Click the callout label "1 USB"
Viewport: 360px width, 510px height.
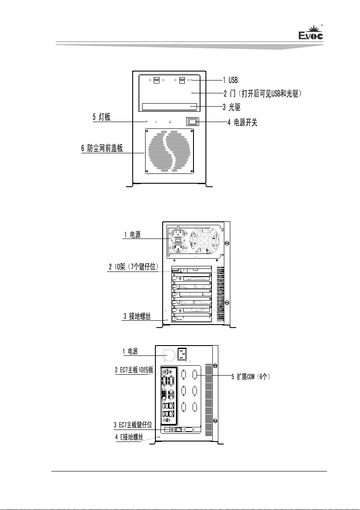coord(230,80)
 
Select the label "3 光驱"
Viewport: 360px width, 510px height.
coord(232,107)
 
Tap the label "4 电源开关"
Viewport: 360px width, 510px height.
coord(242,122)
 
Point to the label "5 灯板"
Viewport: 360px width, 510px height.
coord(101,117)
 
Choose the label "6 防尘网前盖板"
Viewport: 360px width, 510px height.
coord(102,149)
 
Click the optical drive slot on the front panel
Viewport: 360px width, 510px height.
coord(170,107)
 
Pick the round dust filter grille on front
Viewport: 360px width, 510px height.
coord(169,151)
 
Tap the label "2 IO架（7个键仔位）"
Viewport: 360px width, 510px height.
coord(134,267)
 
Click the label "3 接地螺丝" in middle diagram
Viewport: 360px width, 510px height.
coord(137,316)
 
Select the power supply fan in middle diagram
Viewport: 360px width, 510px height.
coord(205,240)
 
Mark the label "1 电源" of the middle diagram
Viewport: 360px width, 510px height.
coord(132,235)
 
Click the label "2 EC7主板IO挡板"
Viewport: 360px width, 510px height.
coord(134,370)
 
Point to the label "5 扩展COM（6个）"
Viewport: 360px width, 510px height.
coord(251,377)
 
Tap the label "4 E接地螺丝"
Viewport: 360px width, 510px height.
coord(129,437)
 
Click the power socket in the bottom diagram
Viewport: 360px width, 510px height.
coord(183,354)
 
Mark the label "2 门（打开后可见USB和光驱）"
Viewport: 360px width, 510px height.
coord(262,94)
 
